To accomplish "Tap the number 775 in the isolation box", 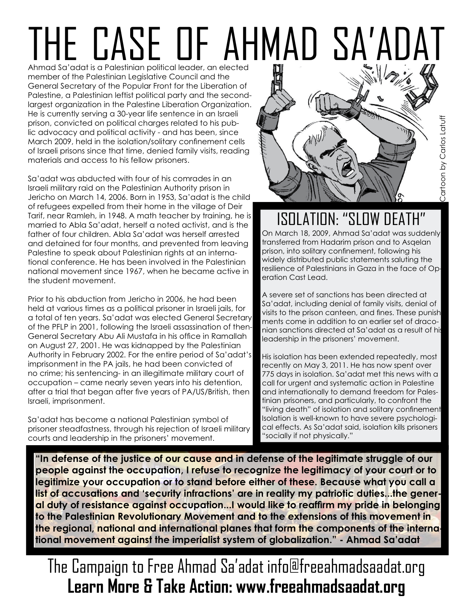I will (x=268, y=374).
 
